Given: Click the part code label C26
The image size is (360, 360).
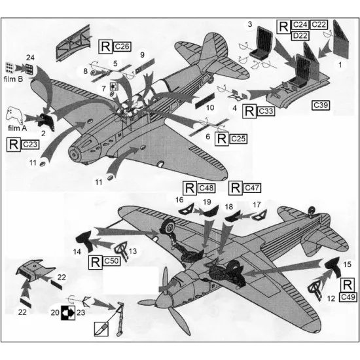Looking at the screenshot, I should (122, 46).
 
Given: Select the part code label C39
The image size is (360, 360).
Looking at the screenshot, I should (321, 105).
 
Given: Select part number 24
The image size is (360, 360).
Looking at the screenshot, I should (30, 58).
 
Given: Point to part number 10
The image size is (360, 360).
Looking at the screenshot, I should (210, 107).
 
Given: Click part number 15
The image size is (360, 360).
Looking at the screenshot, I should (347, 264).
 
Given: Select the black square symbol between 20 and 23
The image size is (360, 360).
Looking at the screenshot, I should (67, 313).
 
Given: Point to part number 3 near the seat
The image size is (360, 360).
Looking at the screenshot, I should (249, 24).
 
